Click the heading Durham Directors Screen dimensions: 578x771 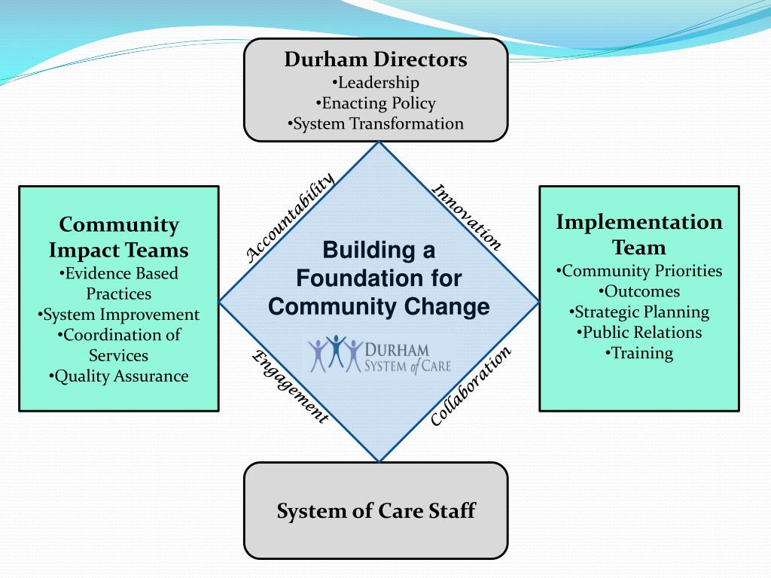pyautogui.click(x=376, y=59)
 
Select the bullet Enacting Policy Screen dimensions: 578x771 pyautogui.click(x=376, y=103)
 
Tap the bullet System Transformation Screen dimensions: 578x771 pyautogui.click(x=376, y=123)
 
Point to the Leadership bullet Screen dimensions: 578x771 pyautogui.click(x=376, y=82)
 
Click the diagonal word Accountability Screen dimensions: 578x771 pyautogui.click(x=290, y=218)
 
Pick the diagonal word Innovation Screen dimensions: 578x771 pyautogui.click(x=466, y=217)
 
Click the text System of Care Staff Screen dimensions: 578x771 pyautogui.click(x=376, y=511)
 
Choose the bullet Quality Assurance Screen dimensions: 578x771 pyautogui.click(x=118, y=376)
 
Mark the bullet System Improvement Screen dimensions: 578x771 pyautogui.click(x=118, y=315)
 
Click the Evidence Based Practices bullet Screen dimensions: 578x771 pyautogui.click(x=118, y=283)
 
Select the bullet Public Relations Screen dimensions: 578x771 pyautogui.click(x=638, y=332)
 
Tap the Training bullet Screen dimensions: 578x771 pyautogui.click(x=638, y=352)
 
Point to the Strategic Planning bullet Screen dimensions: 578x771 pyautogui.click(x=638, y=312)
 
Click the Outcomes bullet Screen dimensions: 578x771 pyautogui.click(x=638, y=291)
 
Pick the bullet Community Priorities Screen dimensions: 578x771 pyautogui.click(x=638, y=270)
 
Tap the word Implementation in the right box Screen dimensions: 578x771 pyautogui.click(x=639, y=222)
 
